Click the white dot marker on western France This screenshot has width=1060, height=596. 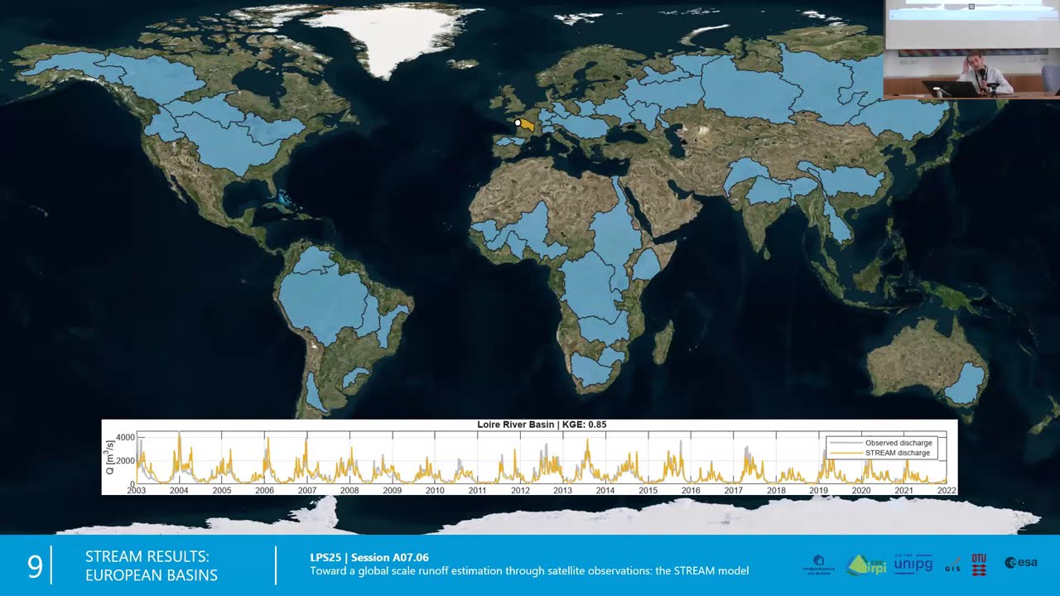point(518,123)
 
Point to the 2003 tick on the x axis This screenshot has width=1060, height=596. point(136,490)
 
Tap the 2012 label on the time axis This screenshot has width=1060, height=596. point(520,490)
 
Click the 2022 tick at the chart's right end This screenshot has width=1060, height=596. point(946,490)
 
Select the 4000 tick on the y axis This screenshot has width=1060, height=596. point(125,437)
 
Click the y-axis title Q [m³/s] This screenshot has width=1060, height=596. point(111,460)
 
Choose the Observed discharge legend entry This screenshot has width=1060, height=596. point(898,443)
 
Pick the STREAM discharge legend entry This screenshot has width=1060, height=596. point(898,453)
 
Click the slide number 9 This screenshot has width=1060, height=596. point(35,566)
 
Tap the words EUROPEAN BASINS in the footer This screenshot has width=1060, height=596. point(152,575)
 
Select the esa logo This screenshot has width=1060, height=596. point(1021,563)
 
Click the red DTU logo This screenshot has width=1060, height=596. point(979,564)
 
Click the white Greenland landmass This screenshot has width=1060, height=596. point(389,37)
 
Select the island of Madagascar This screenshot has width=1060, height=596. point(663,342)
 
